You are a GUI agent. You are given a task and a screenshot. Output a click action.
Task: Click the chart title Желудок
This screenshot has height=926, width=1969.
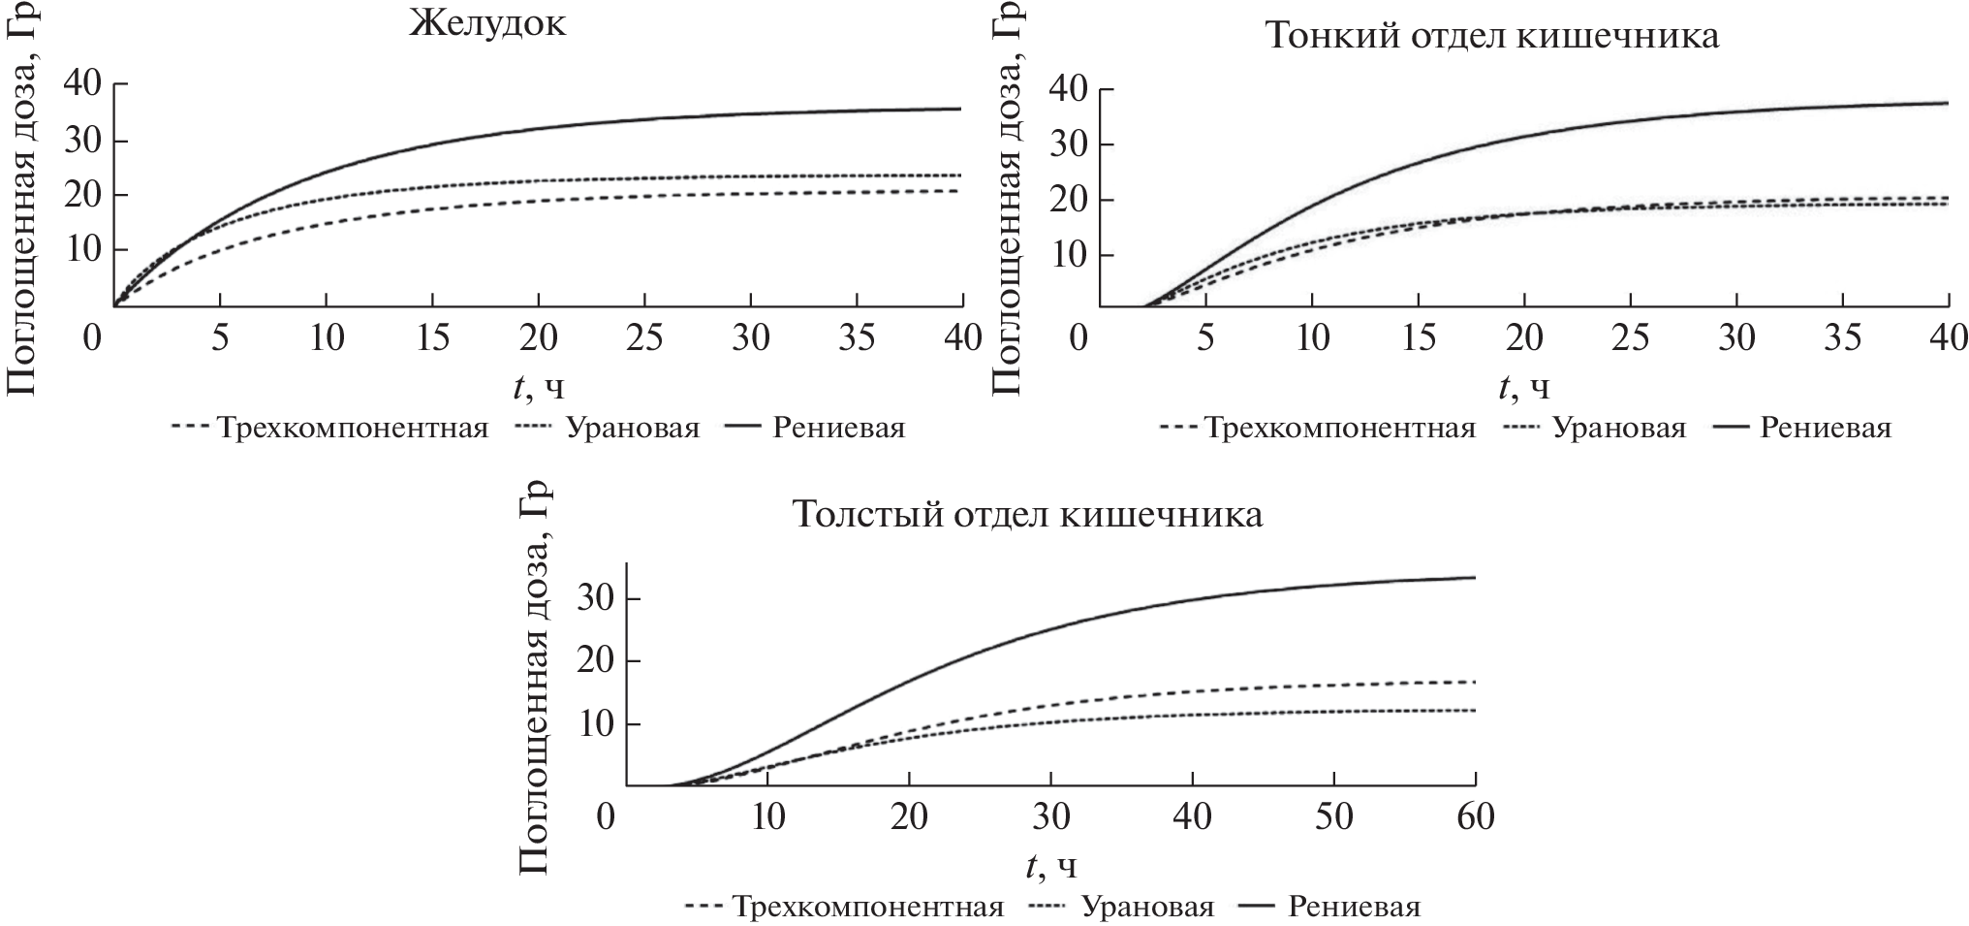[x=486, y=23]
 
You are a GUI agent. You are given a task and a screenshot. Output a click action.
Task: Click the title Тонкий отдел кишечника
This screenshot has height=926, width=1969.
[x=1491, y=36]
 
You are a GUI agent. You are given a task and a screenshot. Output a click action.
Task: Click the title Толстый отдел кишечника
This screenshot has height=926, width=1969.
[x=1027, y=514]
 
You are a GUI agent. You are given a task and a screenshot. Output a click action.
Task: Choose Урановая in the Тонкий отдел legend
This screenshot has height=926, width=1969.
[x=1619, y=428]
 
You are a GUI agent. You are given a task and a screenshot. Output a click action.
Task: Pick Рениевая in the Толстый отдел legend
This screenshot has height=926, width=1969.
[x=1354, y=907]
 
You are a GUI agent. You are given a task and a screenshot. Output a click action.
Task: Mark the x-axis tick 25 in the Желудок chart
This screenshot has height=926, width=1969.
[x=644, y=338]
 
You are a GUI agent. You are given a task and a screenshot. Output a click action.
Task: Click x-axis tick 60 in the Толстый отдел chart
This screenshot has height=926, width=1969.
[x=1475, y=817]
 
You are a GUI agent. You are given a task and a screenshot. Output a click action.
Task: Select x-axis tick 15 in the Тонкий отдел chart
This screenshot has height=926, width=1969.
[x=1419, y=338]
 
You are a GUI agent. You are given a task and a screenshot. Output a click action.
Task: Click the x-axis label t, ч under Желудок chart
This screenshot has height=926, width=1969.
[x=539, y=387]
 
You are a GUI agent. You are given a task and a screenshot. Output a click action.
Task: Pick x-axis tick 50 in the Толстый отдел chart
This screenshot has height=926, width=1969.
[x=1334, y=817]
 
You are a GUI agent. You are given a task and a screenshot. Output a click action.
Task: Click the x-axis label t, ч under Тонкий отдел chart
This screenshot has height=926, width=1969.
[x=1524, y=387]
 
